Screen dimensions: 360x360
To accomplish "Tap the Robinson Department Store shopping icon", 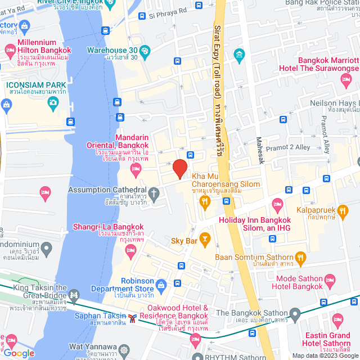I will (162, 286).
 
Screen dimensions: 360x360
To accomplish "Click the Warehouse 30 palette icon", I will (145, 51).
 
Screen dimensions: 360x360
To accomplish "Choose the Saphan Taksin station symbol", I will (132, 319).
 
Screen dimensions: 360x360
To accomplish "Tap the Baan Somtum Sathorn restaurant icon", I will (301, 258).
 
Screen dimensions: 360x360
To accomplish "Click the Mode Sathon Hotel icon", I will (330, 280).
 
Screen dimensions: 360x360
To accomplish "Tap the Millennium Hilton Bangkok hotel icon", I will (10, 51).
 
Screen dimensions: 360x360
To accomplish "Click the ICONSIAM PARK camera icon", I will (53, 102).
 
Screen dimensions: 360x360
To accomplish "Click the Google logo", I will (19, 353).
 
